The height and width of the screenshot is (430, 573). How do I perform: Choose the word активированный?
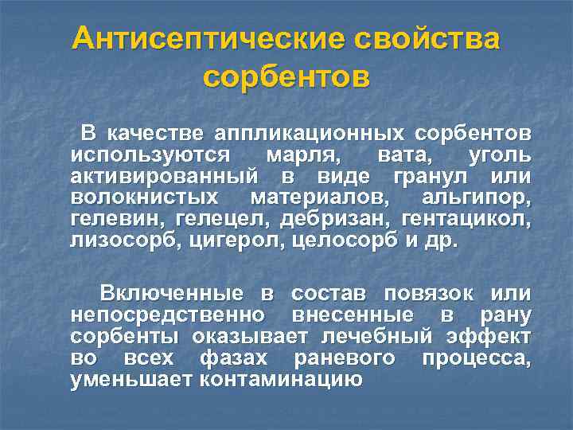[163, 176]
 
